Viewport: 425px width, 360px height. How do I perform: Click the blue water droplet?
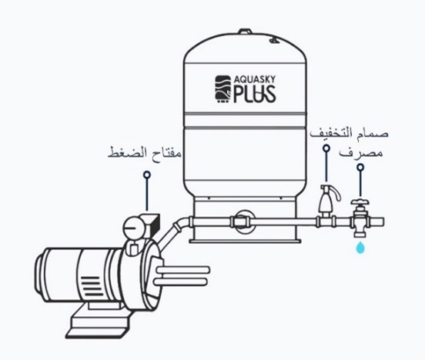360,248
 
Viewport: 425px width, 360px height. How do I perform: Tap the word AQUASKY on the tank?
255,80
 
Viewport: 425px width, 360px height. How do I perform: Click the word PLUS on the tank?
255,94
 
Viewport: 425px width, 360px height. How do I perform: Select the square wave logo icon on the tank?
223,88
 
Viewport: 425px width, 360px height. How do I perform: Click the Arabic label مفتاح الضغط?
145,153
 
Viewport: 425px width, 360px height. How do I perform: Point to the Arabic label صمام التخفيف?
349,134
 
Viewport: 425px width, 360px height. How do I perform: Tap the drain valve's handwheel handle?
360,202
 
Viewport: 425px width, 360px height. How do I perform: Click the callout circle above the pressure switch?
147,175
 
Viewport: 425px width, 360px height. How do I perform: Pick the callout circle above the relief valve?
326,148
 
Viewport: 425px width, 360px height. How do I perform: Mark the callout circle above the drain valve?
360,168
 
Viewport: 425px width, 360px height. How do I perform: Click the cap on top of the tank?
245,32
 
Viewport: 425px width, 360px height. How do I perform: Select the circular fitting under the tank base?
244,222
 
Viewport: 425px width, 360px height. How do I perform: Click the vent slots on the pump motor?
92,286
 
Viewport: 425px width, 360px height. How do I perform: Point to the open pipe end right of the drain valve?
382,222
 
